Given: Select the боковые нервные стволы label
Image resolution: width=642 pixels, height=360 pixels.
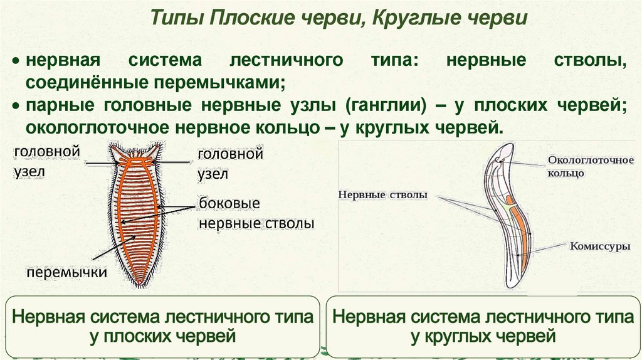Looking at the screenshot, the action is [255, 214].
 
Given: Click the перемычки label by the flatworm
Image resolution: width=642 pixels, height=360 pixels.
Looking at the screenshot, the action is [66, 272].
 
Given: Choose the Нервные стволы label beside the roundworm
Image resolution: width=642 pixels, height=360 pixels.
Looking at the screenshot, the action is [382, 194].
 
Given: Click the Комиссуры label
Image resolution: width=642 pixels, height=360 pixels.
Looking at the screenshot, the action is [599, 246].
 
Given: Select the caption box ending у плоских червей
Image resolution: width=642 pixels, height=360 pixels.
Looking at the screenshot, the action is [162, 326].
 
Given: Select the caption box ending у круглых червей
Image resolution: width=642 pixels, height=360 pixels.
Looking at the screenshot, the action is [483, 326].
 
